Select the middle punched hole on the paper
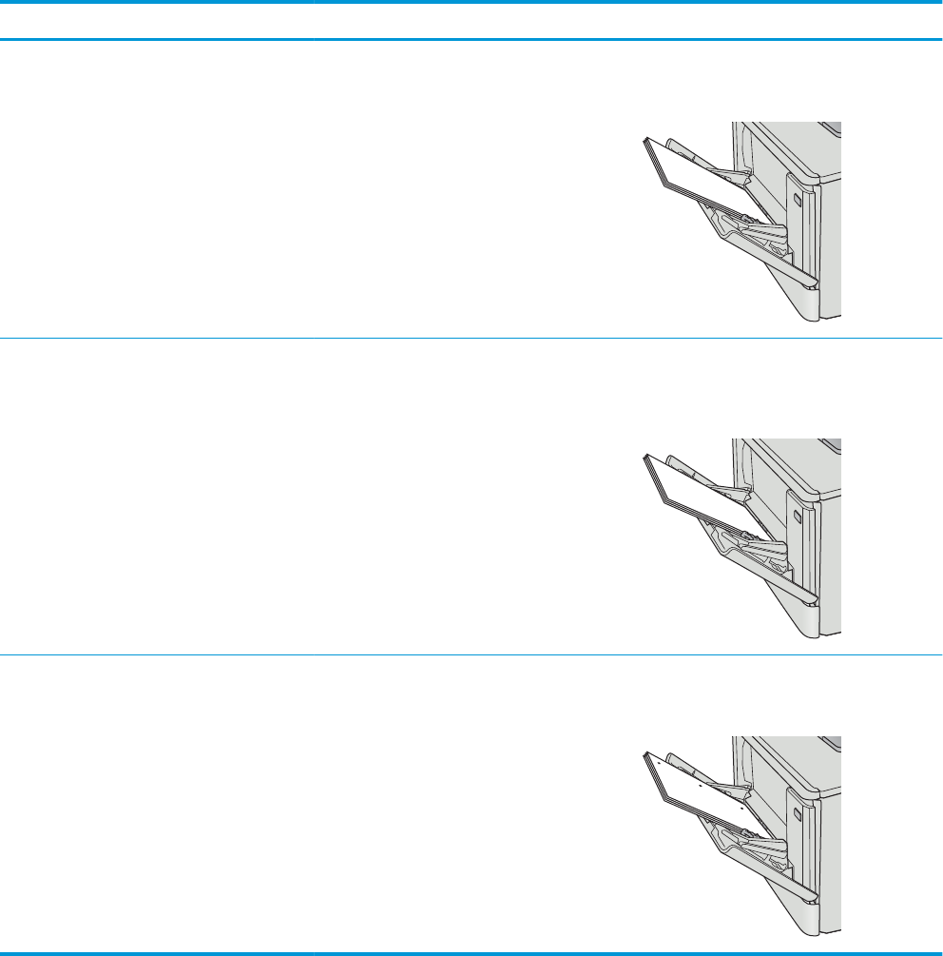tap(700, 786)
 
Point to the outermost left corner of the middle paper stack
tap(645, 458)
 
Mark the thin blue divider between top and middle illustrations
tap(471, 337)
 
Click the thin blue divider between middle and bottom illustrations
tap(471, 654)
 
